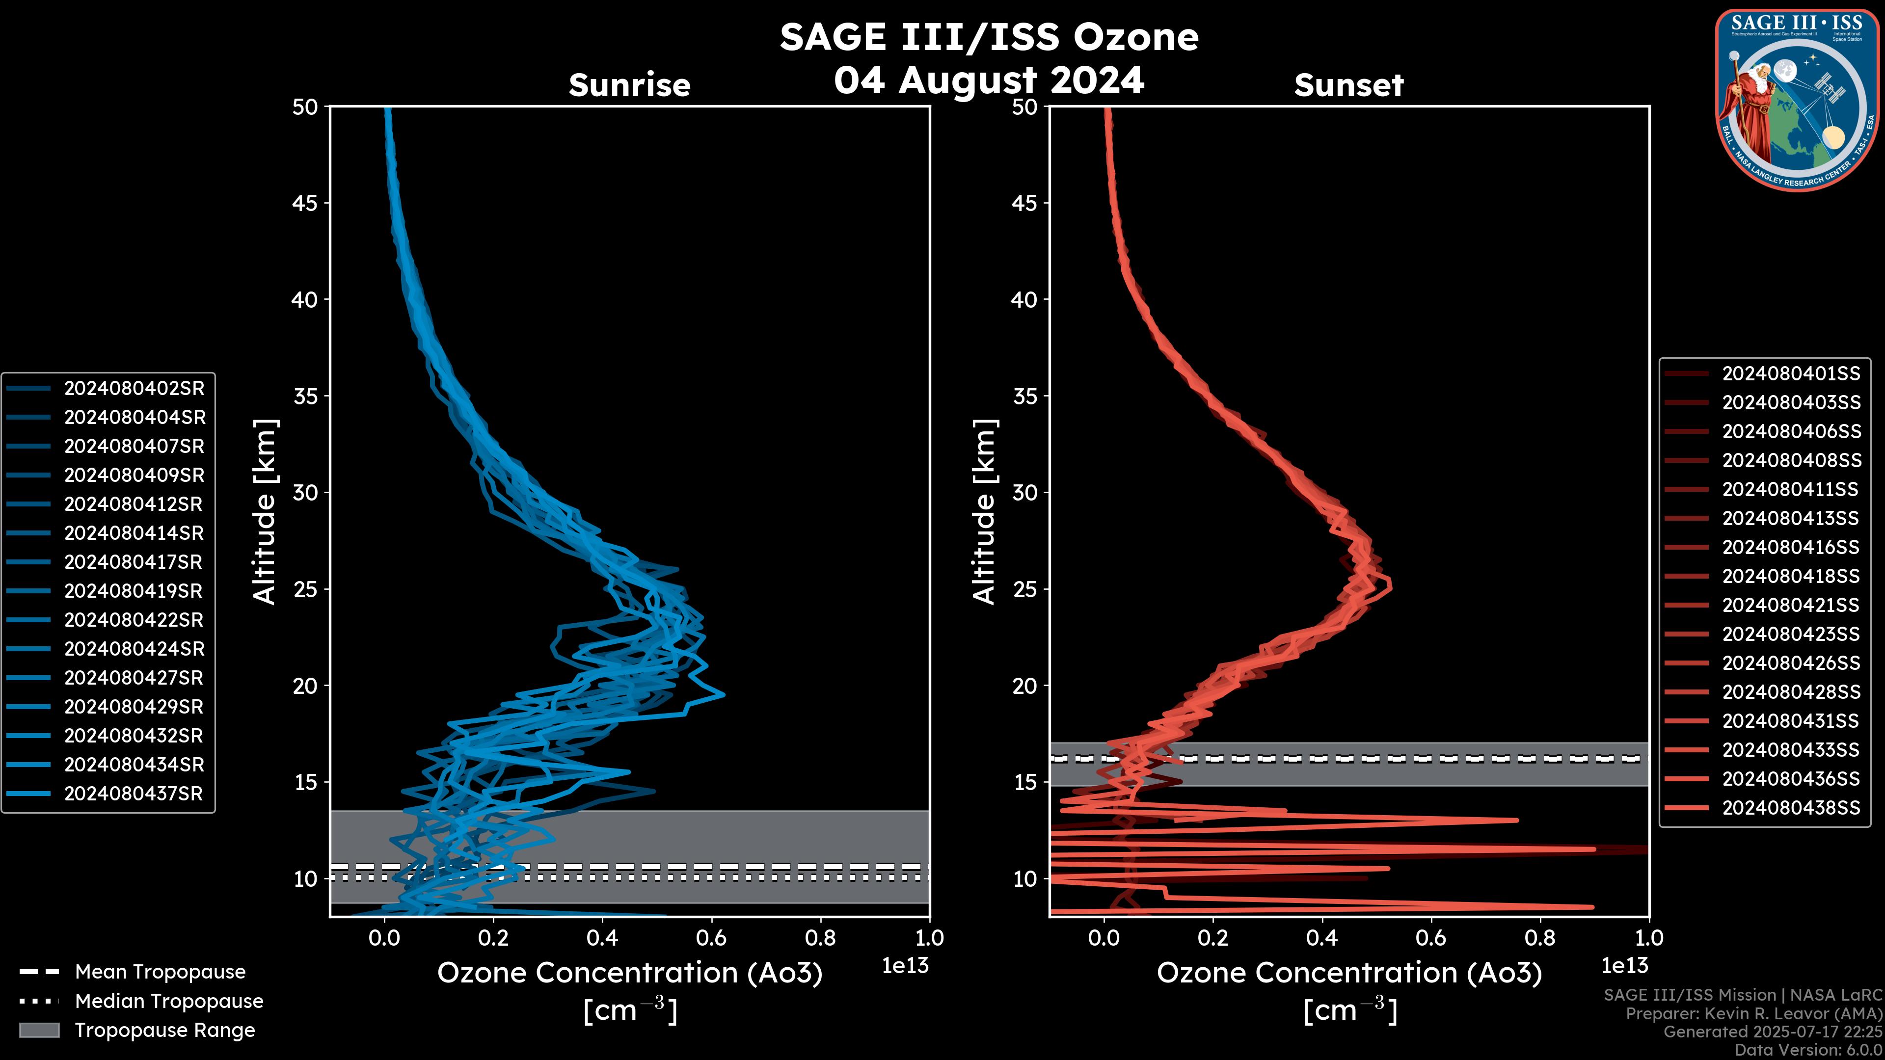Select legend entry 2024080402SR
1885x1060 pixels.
pyautogui.click(x=134, y=389)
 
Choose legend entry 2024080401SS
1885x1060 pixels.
pyautogui.click(x=1791, y=374)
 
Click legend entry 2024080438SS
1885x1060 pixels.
pyautogui.click(x=1791, y=808)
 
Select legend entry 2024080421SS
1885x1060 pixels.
pyautogui.click(x=1791, y=605)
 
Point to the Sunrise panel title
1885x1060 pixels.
pyautogui.click(x=629, y=85)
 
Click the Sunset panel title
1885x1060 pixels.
pyautogui.click(x=1348, y=85)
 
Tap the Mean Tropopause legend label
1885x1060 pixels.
pyautogui.click(x=160, y=972)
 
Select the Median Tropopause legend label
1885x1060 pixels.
pyautogui.click(x=169, y=1001)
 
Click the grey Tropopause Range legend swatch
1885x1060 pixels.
pyautogui.click(x=39, y=1030)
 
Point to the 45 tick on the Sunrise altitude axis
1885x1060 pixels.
pyautogui.click(x=305, y=203)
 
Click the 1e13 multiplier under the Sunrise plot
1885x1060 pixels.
pyautogui.click(x=905, y=966)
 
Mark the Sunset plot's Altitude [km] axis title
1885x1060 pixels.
pyautogui.click(x=985, y=512)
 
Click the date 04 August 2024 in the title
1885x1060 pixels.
pyautogui.click(x=989, y=79)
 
